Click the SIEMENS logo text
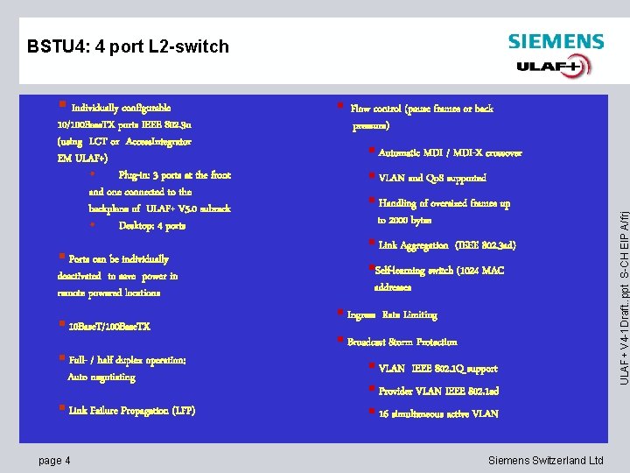(556, 42)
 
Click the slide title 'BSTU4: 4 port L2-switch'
(128, 46)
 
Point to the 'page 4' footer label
(54, 461)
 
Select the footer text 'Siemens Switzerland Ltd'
(545, 461)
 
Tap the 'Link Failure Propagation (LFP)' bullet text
(132, 411)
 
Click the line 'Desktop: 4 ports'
(152, 226)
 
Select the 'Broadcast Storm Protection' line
(402, 342)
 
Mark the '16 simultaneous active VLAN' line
(438, 414)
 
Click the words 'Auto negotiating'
(101, 378)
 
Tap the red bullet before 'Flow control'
(339, 108)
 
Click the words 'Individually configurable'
(121, 108)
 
